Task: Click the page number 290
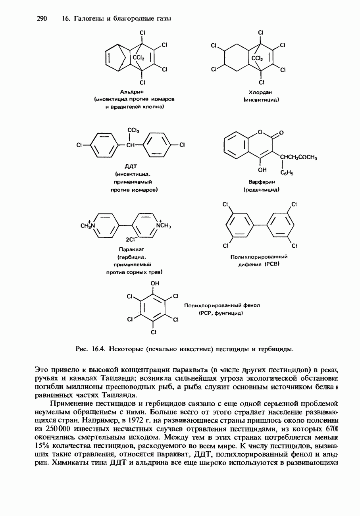click(x=42, y=19)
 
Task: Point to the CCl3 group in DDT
click(x=133, y=130)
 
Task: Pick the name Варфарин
click(x=261, y=182)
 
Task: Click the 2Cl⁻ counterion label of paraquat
click(x=131, y=239)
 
